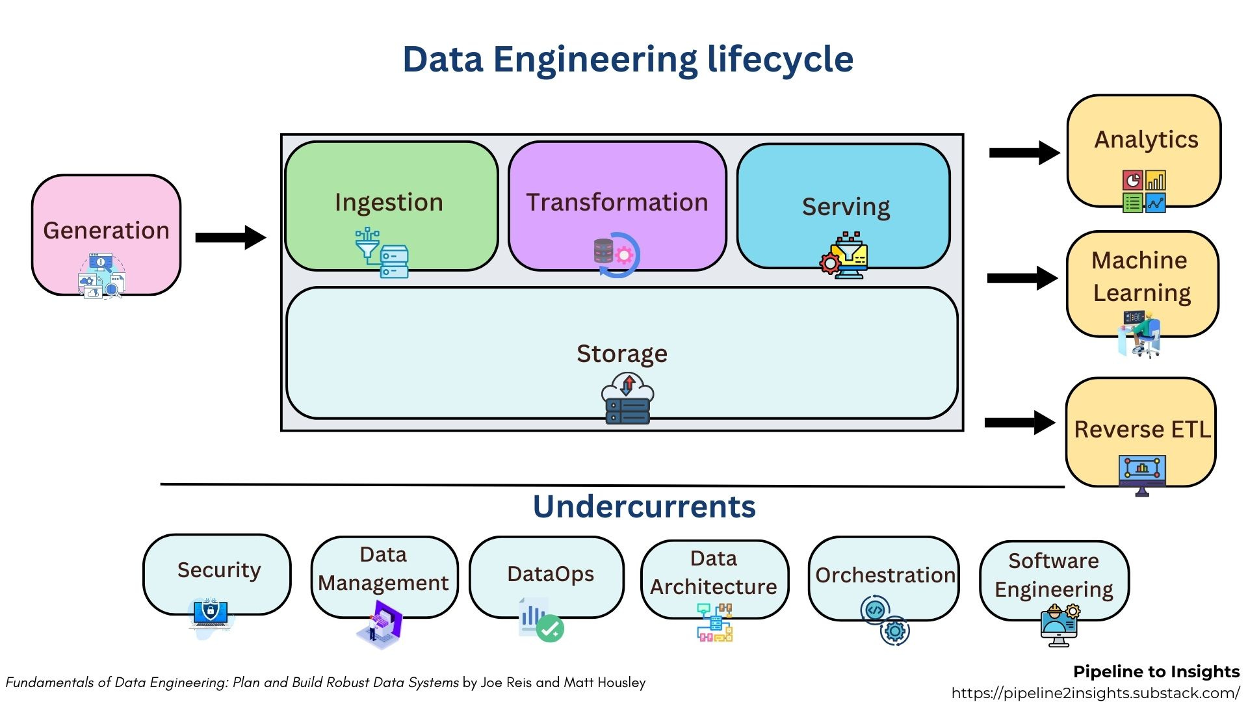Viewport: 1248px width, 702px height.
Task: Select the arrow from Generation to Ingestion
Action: pyautogui.click(x=230, y=237)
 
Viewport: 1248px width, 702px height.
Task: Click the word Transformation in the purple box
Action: pyautogui.click(x=616, y=202)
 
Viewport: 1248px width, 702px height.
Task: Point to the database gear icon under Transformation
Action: pyautogui.click(x=616, y=254)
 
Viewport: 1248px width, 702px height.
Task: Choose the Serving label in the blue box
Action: pyautogui.click(x=846, y=207)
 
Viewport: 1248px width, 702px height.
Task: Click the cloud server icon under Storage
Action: pyautogui.click(x=627, y=398)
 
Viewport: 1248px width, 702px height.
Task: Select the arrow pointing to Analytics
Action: pyautogui.click(x=1024, y=153)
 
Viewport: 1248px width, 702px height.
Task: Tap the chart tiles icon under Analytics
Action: pyautogui.click(x=1144, y=191)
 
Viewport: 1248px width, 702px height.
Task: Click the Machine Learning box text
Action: pyautogui.click(x=1141, y=276)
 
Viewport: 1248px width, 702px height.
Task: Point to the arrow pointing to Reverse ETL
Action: pyautogui.click(x=1019, y=422)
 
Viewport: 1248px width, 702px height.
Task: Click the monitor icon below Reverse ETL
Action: pyautogui.click(x=1142, y=473)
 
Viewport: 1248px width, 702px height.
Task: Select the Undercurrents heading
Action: pyautogui.click(x=644, y=506)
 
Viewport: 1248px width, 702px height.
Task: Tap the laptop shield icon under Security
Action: pyautogui.click(x=210, y=614)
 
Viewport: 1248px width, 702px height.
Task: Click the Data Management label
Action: pyautogui.click(x=383, y=569)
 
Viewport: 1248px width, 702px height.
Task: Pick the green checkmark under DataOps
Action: pyautogui.click(x=550, y=629)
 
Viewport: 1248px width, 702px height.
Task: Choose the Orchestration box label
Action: pyautogui.click(x=885, y=575)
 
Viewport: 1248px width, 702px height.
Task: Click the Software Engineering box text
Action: pyautogui.click(x=1054, y=575)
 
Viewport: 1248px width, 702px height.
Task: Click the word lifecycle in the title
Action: pyautogui.click(x=780, y=59)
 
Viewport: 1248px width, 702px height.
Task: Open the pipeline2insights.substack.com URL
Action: pyautogui.click(x=1095, y=692)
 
